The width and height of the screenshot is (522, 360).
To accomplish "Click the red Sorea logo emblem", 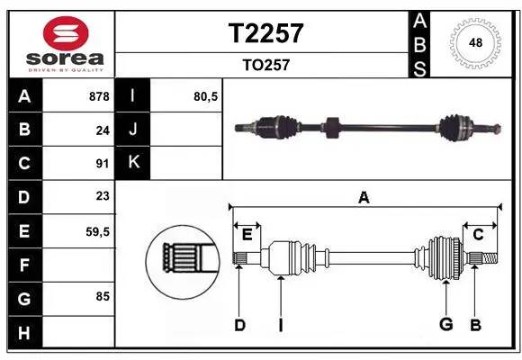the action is (66, 33).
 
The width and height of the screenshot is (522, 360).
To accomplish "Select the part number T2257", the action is (266, 33).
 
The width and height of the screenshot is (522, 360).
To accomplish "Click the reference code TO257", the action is (266, 65).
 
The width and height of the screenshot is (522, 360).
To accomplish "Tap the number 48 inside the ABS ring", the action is (475, 42).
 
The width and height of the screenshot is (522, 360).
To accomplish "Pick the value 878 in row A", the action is (99, 96).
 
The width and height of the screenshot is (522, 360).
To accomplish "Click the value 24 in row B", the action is (103, 130).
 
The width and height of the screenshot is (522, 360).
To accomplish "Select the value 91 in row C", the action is (103, 164).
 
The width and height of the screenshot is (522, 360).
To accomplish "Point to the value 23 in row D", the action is (103, 196).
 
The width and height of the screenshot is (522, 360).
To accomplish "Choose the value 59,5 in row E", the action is (97, 232).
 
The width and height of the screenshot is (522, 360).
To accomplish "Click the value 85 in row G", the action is (103, 296).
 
